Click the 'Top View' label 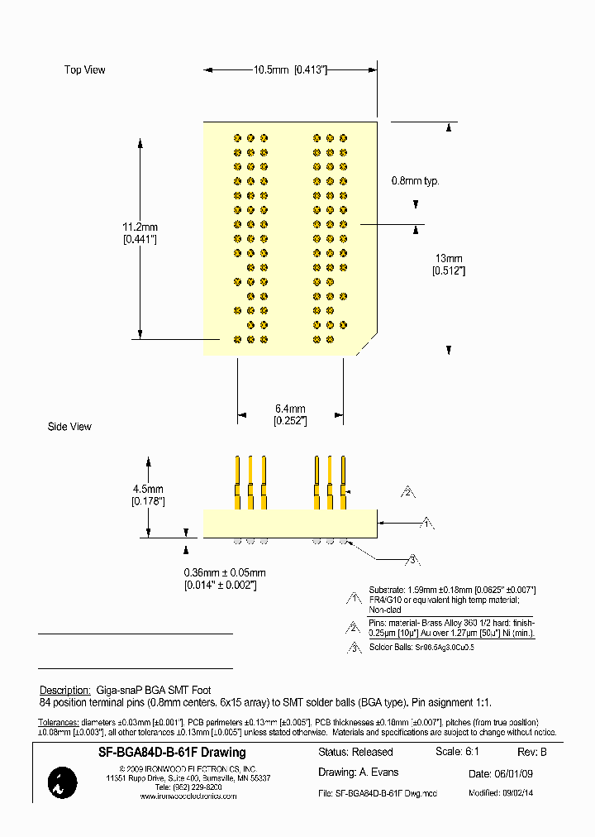click(x=85, y=70)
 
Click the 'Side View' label click(x=69, y=427)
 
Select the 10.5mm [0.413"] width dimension click(x=290, y=70)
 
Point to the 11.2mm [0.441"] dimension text click(x=140, y=232)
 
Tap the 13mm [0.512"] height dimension click(x=448, y=265)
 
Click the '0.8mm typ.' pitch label click(x=415, y=180)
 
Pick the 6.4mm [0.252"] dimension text click(x=290, y=414)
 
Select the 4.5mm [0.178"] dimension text click(x=148, y=495)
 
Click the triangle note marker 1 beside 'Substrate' click(x=355, y=598)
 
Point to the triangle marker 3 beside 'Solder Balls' click(x=355, y=648)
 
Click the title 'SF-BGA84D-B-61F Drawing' click(x=172, y=753)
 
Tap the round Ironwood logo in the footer click(x=64, y=782)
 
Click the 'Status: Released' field click(x=355, y=753)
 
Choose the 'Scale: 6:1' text click(x=457, y=752)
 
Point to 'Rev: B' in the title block click(x=532, y=752)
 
